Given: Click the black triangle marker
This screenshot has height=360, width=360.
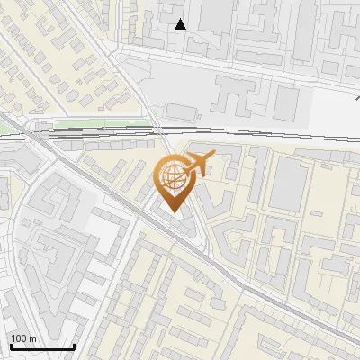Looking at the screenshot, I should coord(181,24).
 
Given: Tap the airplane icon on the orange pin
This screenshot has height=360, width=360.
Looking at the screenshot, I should coord(198,165).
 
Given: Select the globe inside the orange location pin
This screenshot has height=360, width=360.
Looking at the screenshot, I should coord(173,178).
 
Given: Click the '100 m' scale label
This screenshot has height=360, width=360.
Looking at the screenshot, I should coord(23,338).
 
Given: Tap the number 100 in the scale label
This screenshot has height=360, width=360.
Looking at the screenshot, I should coord(19,338).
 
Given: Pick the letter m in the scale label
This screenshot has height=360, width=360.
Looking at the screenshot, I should coord(33,338).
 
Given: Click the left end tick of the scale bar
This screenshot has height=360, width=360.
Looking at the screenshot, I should coord(11,346).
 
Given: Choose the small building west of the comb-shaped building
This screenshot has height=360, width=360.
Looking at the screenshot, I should coord(181,111).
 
